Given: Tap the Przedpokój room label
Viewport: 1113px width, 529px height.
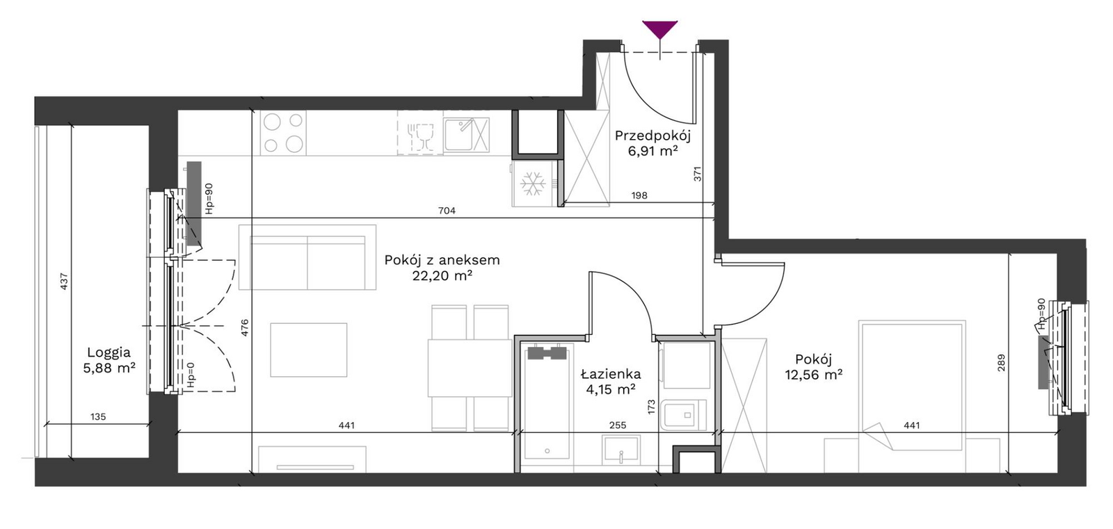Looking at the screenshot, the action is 652,136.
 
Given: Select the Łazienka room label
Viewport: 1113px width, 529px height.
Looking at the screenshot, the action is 611,373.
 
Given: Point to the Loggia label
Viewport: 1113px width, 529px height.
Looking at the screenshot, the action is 109,352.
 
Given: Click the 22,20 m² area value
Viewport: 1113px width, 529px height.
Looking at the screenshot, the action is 442,276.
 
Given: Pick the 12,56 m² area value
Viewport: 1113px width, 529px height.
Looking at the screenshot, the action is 813,375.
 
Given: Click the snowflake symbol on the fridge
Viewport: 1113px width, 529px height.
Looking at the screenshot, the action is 533,184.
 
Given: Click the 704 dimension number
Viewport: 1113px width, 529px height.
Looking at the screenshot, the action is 447,211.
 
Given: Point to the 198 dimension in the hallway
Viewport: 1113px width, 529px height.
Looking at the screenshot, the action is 639,196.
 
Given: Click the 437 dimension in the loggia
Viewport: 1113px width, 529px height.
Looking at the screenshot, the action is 63,282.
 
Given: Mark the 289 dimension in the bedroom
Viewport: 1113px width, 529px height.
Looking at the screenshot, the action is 1001,362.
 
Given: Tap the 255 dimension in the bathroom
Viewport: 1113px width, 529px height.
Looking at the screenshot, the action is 618,425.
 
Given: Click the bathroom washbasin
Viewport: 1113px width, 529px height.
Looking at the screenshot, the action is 621,450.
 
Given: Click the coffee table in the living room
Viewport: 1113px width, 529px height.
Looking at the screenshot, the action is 309,350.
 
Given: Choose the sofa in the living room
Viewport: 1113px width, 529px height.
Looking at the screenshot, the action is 307,257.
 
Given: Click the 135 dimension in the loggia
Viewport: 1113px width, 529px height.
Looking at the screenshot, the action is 98,417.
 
